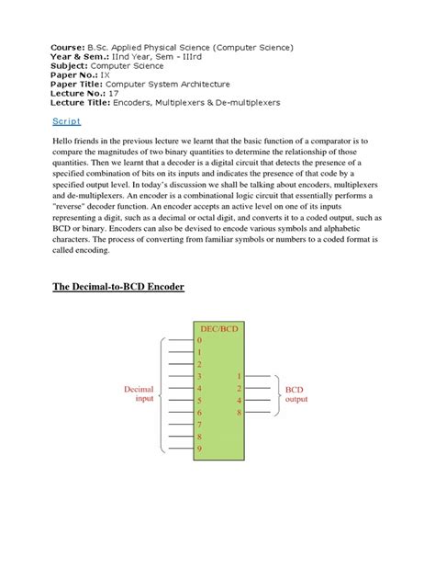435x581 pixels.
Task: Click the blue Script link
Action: [x=61, y=121]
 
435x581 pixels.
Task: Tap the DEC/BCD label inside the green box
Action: [x=217, y=327]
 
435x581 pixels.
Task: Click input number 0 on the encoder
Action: [x=198, y=340]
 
